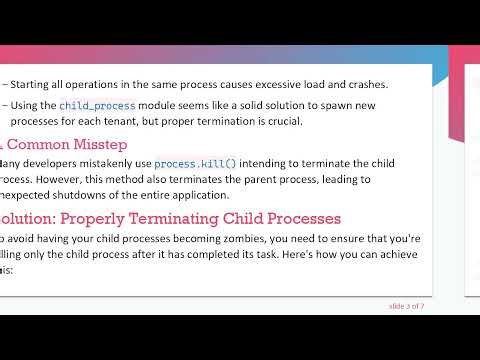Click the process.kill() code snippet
(190, 163)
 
